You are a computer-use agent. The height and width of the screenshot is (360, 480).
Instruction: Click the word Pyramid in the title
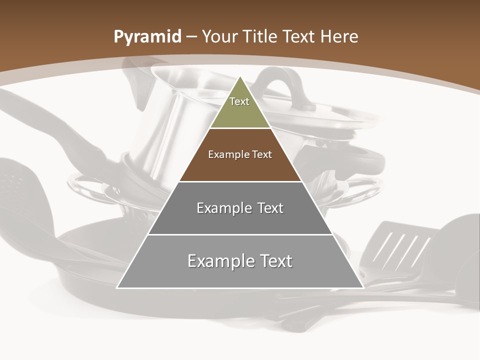147,37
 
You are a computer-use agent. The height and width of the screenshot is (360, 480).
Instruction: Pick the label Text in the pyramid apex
239,101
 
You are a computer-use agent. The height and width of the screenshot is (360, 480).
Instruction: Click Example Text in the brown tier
240,154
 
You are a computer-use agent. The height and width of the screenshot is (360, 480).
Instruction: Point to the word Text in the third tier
268,208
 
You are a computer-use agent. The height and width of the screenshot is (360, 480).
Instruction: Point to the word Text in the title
300,36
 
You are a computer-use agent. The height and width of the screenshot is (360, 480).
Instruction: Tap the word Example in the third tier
218,208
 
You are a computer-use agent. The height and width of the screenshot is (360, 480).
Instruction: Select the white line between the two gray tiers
240,234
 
